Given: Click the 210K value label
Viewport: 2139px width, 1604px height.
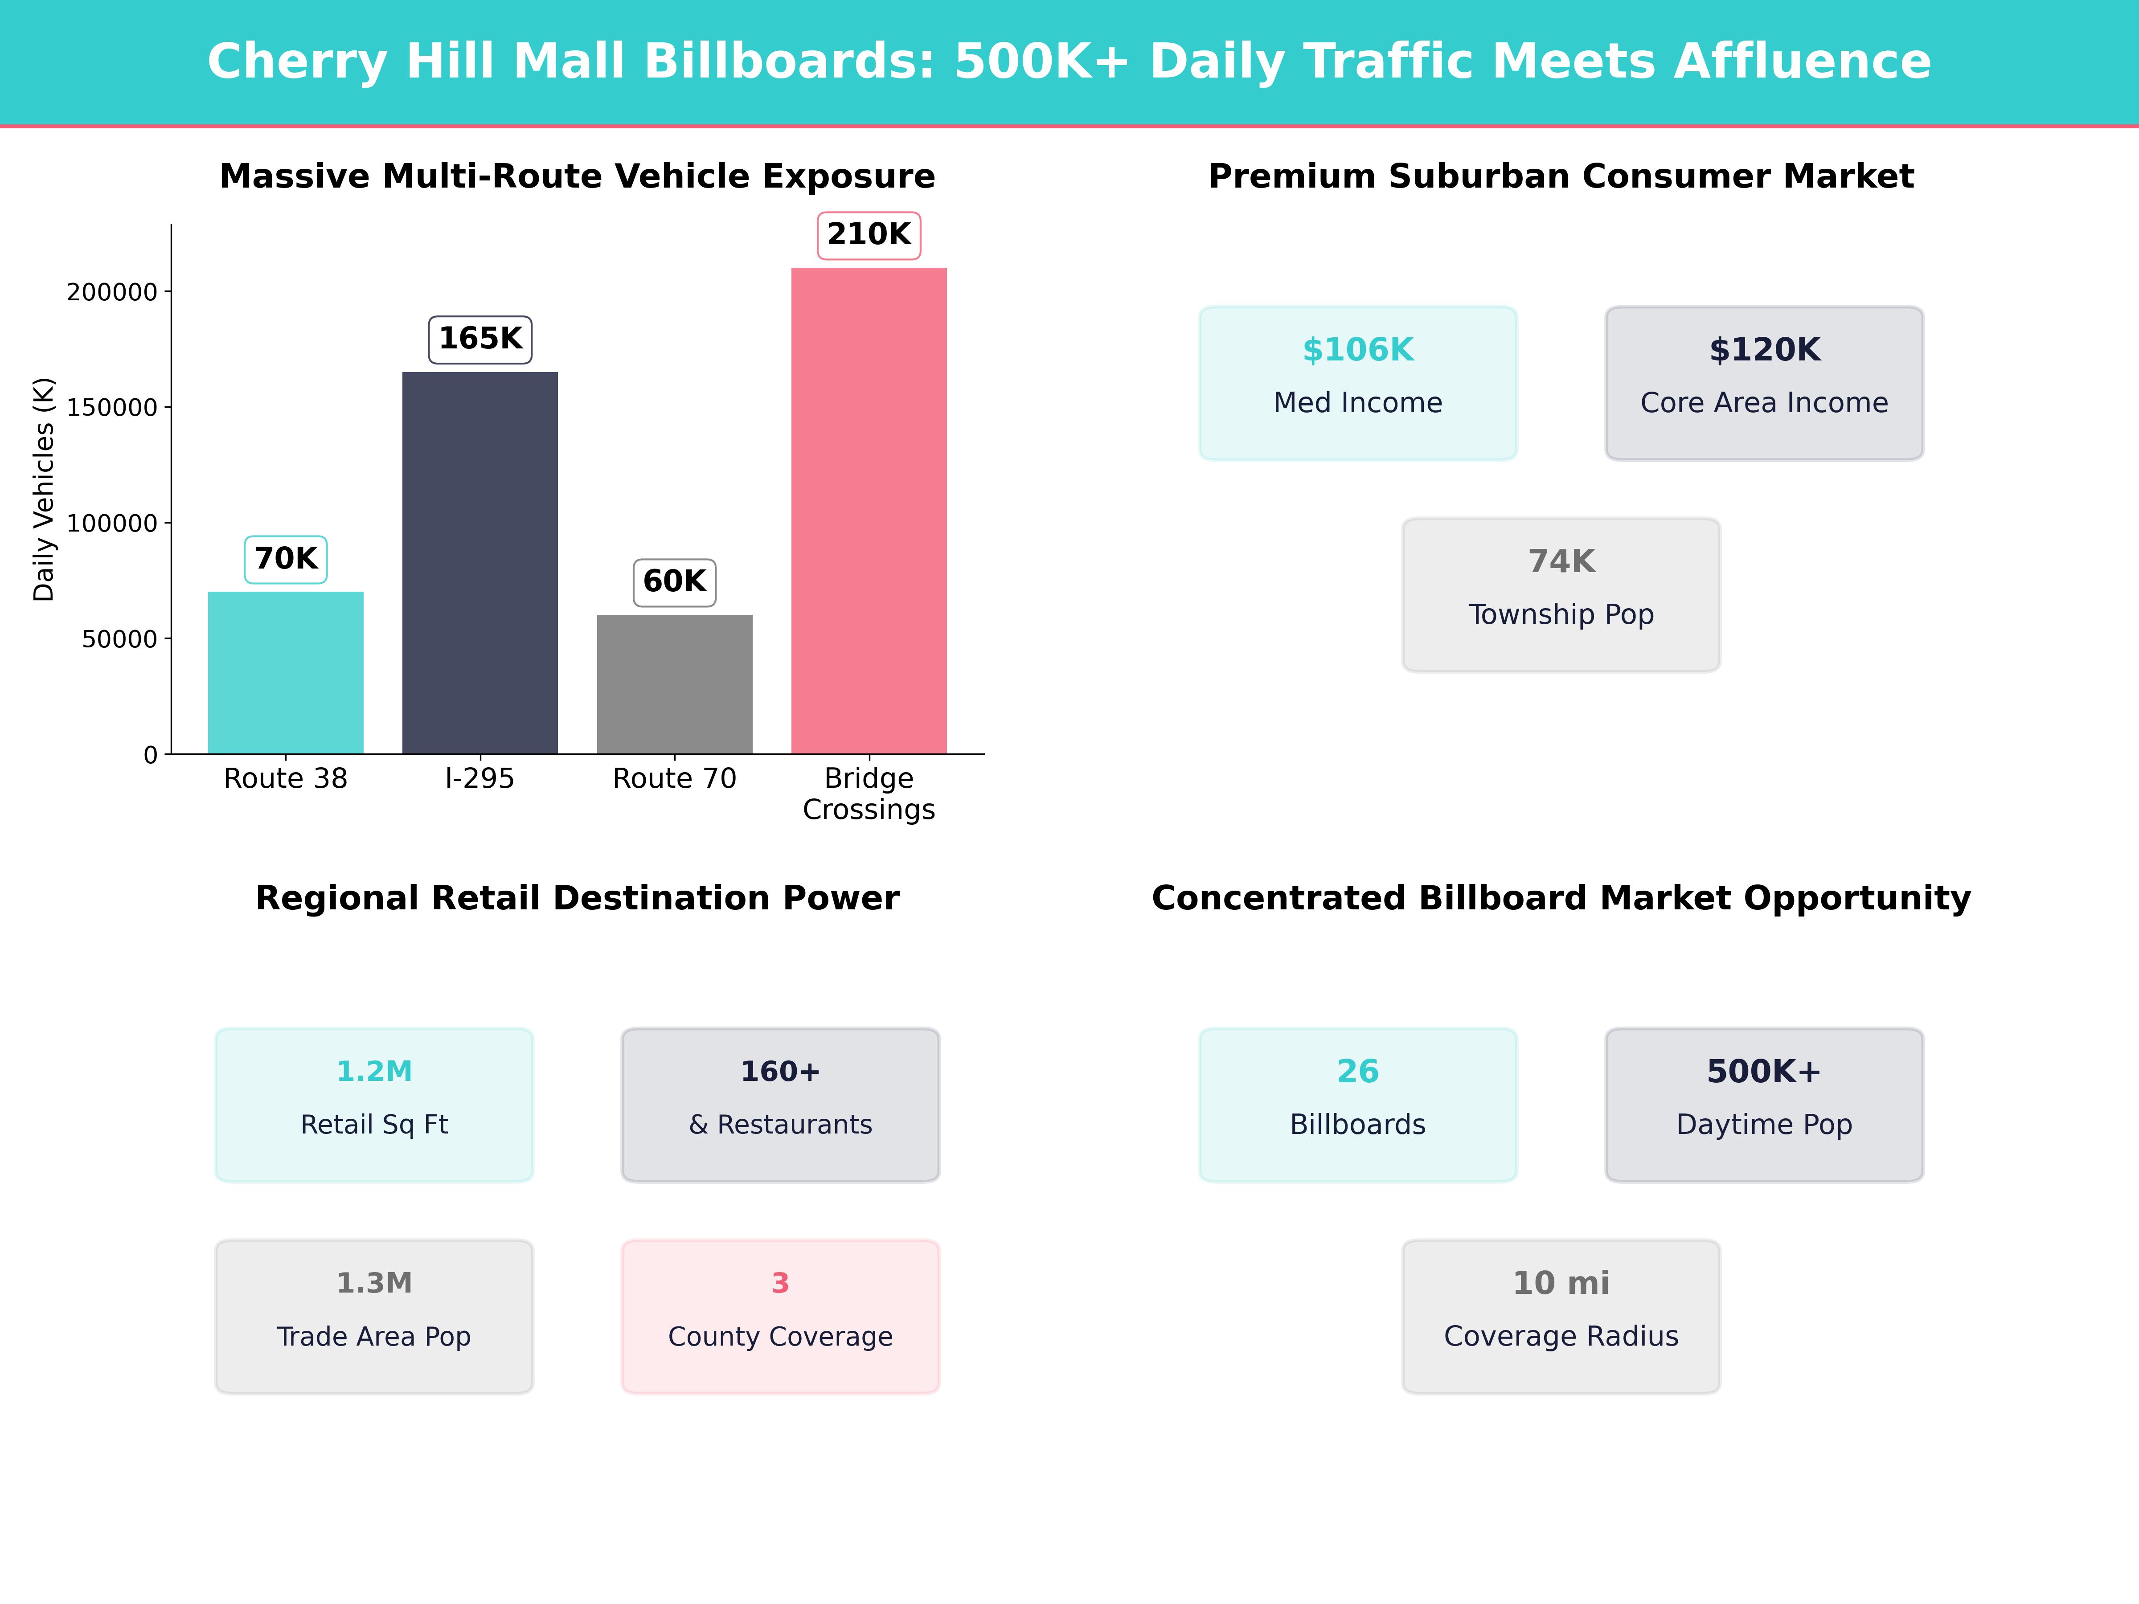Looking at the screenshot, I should [869, 235].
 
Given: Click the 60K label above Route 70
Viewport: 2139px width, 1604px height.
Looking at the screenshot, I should [674, 582].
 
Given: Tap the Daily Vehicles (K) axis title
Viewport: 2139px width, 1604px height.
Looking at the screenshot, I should [44, 489].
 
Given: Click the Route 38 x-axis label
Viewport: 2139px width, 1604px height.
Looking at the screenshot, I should [285, 778].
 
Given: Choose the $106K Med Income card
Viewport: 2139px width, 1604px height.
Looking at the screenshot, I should [1358, 383].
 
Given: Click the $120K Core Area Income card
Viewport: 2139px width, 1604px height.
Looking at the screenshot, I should [1764, 383].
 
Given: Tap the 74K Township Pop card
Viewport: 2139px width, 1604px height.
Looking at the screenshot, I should [1561, 595].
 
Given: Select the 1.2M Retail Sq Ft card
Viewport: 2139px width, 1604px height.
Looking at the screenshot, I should [374, 1104].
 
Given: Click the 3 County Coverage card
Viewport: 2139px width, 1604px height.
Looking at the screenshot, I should [780, 1316].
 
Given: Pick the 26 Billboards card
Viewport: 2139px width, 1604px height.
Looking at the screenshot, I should [1358, 1104].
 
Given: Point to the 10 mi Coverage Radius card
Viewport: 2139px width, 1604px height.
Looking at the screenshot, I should [1561, 1316].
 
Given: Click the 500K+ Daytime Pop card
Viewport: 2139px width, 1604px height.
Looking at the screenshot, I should [1764, 1104].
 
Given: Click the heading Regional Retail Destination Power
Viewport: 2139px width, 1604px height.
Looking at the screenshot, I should [577, 898].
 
